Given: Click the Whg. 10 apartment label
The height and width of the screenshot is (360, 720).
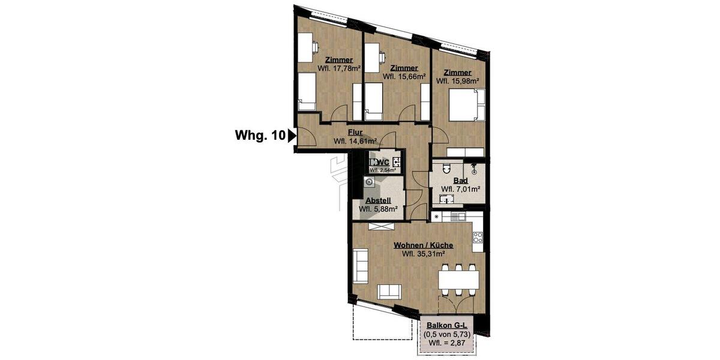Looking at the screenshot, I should [259, 136].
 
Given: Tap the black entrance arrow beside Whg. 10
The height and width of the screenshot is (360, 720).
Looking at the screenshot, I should [292, 136].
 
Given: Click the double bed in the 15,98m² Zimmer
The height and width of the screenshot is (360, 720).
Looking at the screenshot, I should [466, 106].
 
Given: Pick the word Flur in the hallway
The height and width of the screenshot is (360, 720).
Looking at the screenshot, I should [355, 133].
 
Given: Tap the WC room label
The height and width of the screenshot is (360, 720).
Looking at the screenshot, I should [383, 162].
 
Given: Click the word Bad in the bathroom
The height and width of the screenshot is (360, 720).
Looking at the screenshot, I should [460, 181].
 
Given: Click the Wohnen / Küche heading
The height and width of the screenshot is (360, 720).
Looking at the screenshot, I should [423, 245].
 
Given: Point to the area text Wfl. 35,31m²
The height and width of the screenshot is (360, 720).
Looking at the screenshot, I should [423, 254].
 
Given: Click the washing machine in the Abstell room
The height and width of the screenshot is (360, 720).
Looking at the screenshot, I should [368, 183].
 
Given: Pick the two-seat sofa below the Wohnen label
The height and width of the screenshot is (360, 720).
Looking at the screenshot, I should [389, 292].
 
